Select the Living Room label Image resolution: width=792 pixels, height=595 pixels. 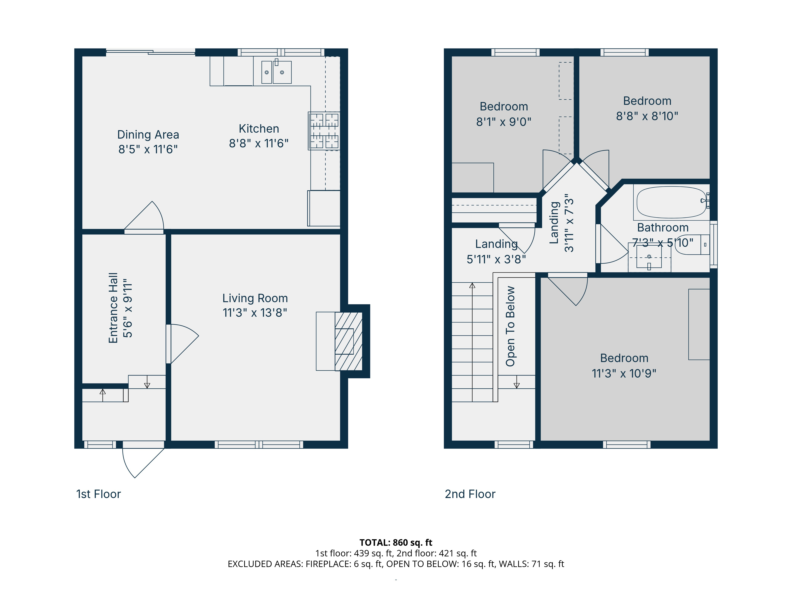[255, 298]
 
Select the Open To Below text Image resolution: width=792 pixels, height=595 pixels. [510, 326]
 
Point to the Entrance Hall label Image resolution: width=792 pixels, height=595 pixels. [113, 308]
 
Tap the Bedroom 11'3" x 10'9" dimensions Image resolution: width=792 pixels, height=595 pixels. [624, 373]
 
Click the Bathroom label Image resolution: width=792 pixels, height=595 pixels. [663, 228]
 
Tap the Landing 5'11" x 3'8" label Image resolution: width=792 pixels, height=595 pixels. [496, 251]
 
